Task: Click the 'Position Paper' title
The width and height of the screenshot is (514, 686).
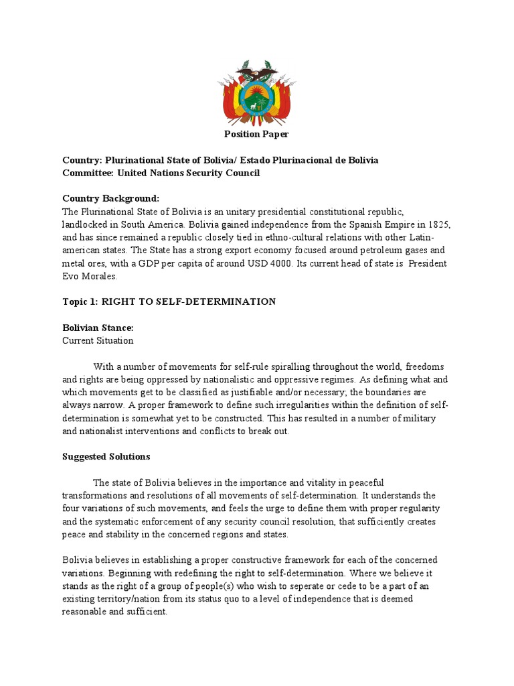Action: point(256,135)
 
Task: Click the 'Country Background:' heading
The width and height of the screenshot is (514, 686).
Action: point(111,199)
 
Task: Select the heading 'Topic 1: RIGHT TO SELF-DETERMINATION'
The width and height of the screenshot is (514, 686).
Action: point(169,301)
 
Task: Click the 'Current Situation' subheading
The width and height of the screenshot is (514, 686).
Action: point(98,340)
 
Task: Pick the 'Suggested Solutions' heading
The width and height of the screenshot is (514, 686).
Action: point(106,457)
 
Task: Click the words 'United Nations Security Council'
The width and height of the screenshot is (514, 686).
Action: point(189,173)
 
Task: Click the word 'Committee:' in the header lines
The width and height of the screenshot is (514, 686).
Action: point(88,173)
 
